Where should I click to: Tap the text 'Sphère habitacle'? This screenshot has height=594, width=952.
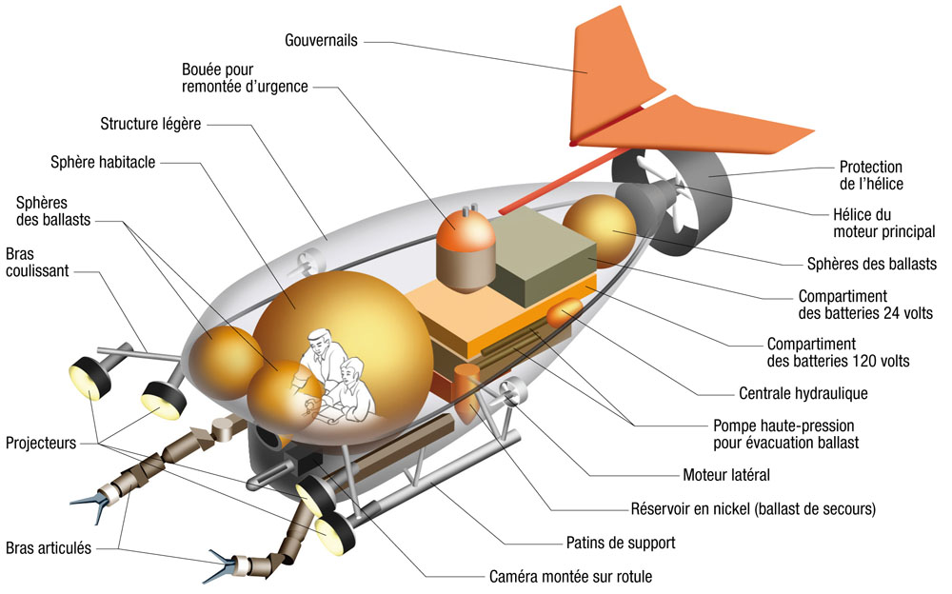[x=103, y=162]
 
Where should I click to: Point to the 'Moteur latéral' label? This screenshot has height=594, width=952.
[x=726, y=475]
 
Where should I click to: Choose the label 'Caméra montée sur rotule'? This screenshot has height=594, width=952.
[x=570, y=576]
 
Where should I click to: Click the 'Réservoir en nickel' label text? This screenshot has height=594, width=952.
[x=752, y=508]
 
